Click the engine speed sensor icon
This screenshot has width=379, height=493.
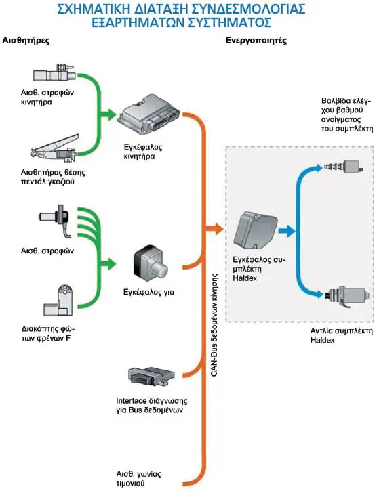click(x=54, y=74)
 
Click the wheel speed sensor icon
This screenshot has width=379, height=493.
click(x=55, y=220)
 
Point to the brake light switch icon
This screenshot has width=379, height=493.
click(x=58, y=301)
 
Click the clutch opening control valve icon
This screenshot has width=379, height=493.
click(x=344, y=165)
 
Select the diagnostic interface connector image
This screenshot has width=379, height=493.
click(x=151, y=376)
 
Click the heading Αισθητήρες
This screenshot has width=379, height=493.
click(x=26, y=41)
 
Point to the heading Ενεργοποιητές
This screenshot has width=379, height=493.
click(x=256, y=41)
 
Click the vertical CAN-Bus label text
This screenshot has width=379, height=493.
click(x=214, y=325)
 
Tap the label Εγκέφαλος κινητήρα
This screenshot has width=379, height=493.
click(x=143, y=152)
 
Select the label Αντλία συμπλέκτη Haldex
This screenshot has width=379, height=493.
click(x=342, y=335)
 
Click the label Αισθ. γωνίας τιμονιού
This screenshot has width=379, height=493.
click(x=138, y=478)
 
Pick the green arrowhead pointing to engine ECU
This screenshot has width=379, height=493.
click(x=110, y=114)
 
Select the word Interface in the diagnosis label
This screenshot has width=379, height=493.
click(x=132, y=401)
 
